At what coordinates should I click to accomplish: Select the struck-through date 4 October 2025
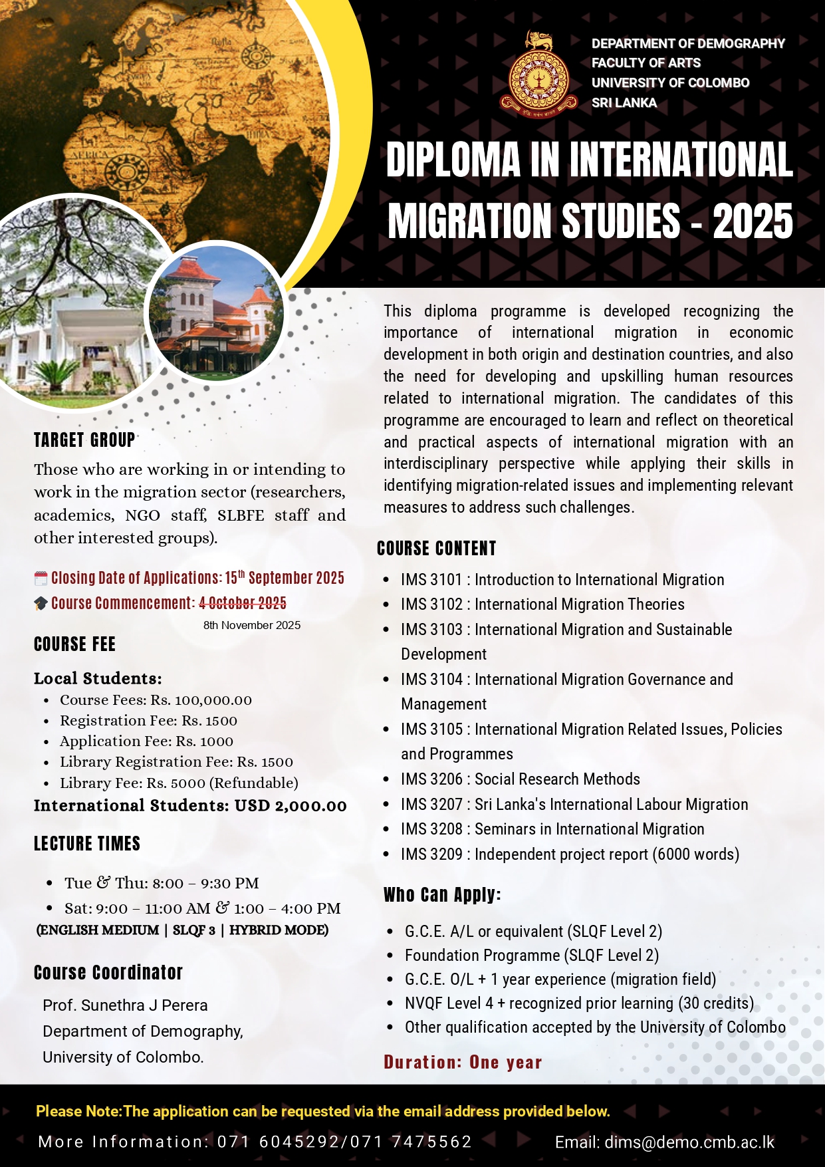[x=243, y=603]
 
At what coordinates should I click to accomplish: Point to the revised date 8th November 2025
[x=252, y=625]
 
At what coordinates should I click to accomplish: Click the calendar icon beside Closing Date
[x=41, y=578]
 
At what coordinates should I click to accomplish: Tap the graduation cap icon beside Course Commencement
[x=41, y=603]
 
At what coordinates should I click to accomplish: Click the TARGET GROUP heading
[x=84, y=440]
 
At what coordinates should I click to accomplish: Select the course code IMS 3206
[x=431, y=779]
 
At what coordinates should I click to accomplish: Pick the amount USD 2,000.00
[x=291, y=806]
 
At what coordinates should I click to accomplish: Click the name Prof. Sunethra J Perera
[x=125, y=1005]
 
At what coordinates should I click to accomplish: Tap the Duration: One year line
[x=463, y=1062]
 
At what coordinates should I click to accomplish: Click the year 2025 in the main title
[x=753, y=221]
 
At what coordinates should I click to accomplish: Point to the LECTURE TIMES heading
[x=87, y=844]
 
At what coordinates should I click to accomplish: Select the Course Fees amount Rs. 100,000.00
[x=201, y=700]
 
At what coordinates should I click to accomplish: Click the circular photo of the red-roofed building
[x=214, y=311]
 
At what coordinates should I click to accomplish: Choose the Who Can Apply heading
[x=442, y=895]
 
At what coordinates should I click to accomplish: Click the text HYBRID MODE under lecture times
[x=279, y=930]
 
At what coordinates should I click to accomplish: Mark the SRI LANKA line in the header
[x=624, y=103]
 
